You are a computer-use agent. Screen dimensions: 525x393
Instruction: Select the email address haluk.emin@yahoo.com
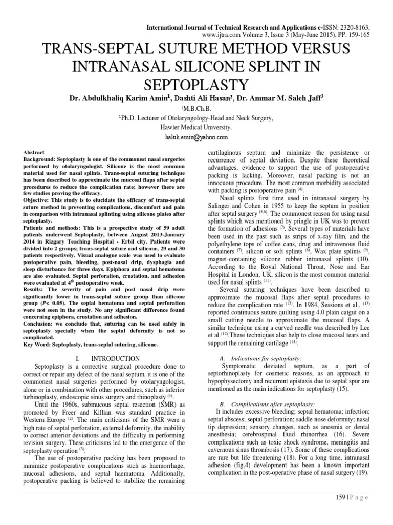click(x=196, y=137)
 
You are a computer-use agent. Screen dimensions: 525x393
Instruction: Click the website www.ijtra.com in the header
click(x=222, y=35)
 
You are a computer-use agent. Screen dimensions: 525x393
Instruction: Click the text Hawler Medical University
click(x=196, y=127)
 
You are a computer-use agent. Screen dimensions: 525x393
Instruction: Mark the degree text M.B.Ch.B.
click(x=196, y=108)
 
